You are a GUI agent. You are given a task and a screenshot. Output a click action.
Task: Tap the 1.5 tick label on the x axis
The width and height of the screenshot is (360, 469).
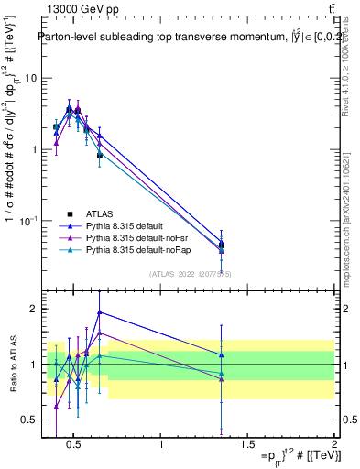coord(247,446)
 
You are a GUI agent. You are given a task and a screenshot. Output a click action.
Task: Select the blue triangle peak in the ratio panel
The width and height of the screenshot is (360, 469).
coord(100,311)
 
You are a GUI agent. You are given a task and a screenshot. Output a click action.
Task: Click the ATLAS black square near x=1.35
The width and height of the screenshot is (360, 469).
coord(221,245)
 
